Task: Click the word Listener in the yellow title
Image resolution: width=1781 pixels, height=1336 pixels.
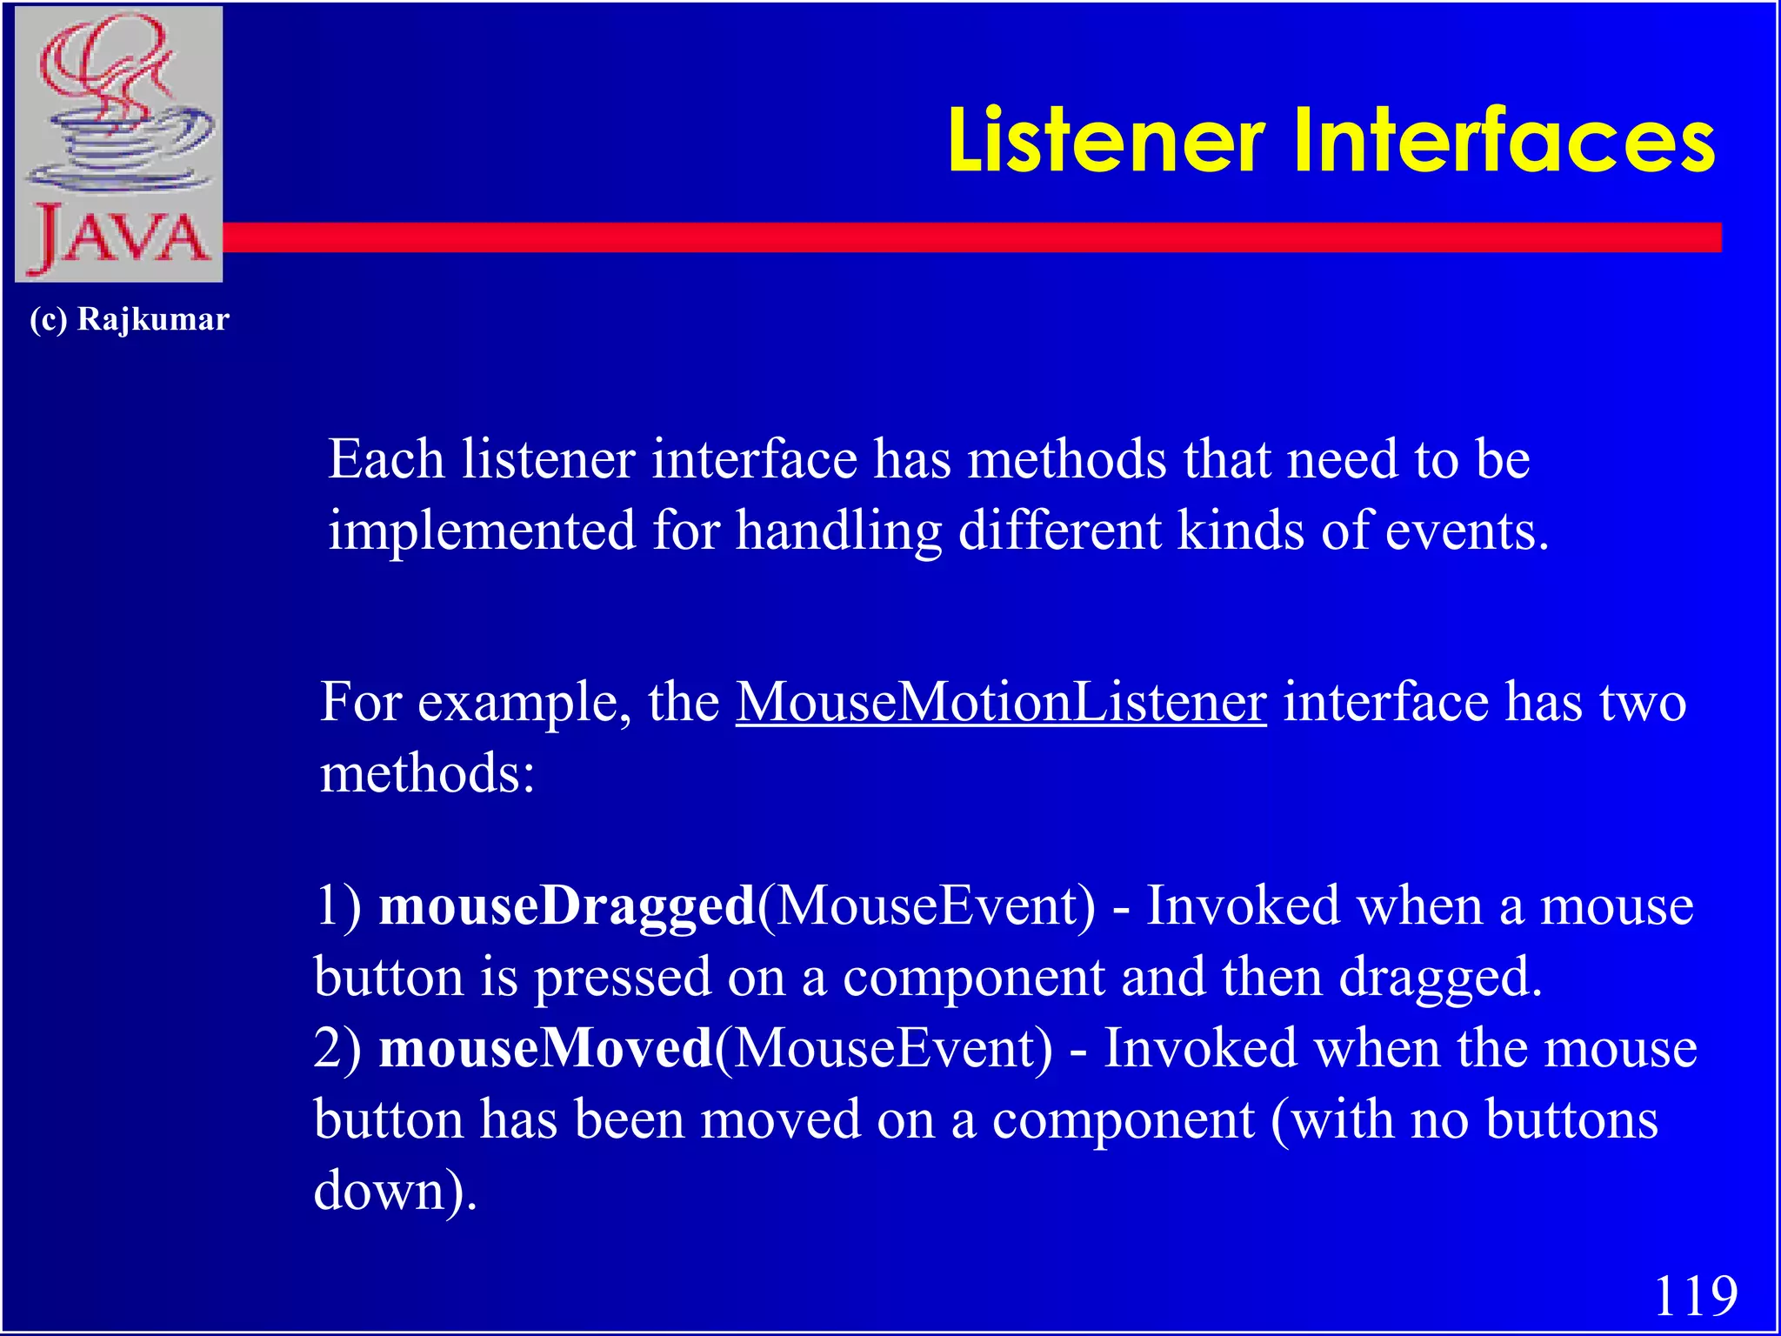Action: (1105, 141)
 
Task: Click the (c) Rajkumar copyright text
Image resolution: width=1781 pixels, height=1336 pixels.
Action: (129, 319)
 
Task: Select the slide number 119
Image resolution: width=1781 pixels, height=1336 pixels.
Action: (1695, 1296)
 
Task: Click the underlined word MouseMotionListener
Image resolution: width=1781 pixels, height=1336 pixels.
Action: (1001, 702)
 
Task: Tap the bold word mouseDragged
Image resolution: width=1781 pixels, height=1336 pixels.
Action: (567, 906)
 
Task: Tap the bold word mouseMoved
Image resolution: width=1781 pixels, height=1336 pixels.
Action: (546, 1048)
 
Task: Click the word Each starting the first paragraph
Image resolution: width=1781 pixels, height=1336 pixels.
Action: (386, 459)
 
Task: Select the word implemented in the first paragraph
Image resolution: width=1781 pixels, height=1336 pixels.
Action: (482, 531)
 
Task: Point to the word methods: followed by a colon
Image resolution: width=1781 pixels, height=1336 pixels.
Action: (427, 773)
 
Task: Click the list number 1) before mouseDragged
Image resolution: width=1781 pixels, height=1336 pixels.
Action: (338, 906)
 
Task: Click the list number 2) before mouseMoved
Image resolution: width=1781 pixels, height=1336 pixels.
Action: (338, 1048)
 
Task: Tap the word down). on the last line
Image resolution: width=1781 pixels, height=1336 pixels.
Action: (395, 1191)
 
